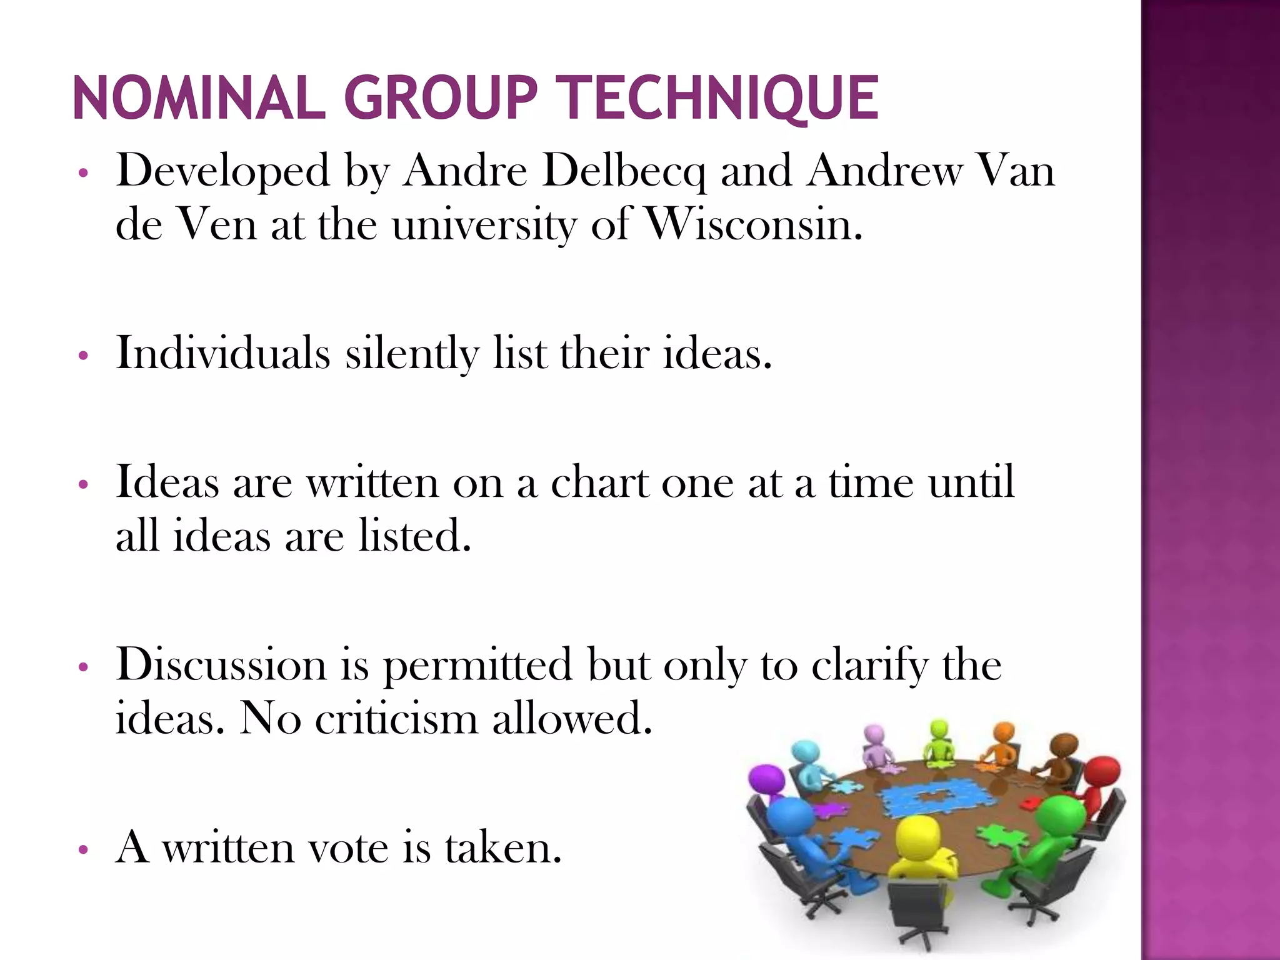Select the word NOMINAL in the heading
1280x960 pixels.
[199, 98]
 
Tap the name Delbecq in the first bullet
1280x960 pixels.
[624, 170]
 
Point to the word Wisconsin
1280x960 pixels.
[753, 224]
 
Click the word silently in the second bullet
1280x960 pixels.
[412, 353]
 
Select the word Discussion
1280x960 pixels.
[221, 664]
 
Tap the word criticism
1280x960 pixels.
[397, 718]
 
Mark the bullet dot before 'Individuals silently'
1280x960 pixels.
[82, 357]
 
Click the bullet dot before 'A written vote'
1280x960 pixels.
[82, 850]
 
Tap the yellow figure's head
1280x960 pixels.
[916, 835]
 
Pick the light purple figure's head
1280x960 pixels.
[874, 734]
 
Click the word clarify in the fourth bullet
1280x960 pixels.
[869, 664]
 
